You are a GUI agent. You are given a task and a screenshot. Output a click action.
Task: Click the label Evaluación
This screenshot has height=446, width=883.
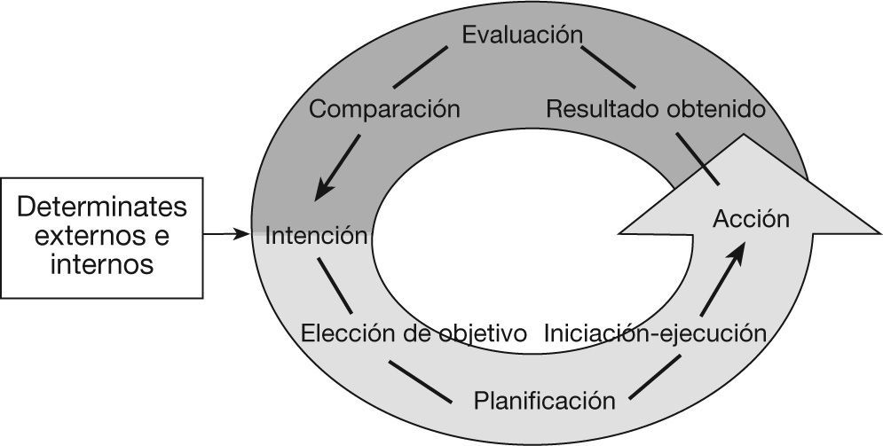(522, 35)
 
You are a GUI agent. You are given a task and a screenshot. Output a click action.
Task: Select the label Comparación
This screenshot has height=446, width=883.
(384, 110)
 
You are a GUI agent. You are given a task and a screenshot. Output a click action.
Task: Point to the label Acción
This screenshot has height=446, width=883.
(751, 219)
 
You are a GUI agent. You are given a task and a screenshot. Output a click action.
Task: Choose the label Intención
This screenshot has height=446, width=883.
(316, 236)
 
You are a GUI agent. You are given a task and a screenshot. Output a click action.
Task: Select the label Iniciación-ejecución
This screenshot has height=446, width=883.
(655, 333)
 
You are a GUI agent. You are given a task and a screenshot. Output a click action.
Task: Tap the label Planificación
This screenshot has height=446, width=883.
(544, 400)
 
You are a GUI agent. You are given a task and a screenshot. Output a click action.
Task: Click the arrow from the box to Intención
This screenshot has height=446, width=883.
(225, 234)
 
